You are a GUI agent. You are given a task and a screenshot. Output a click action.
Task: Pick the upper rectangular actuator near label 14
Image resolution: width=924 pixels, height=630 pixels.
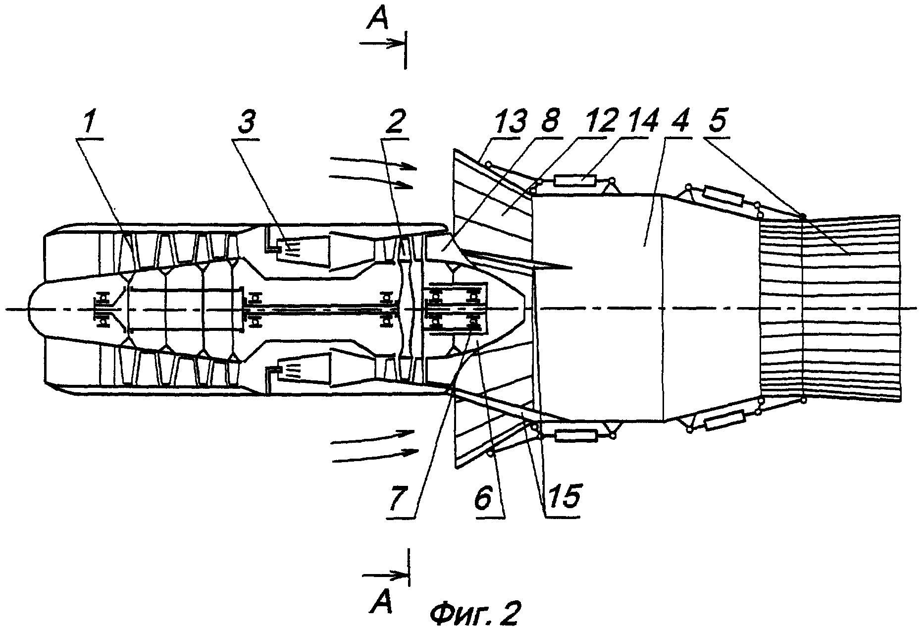574,180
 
